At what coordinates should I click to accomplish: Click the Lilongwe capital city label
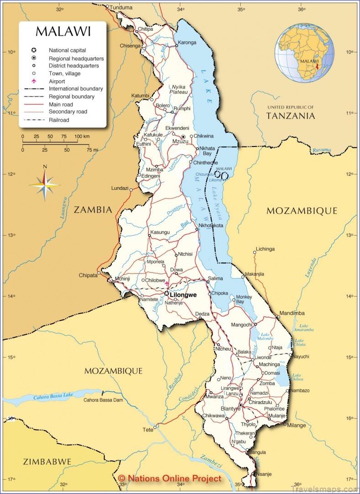[x=183, y=295]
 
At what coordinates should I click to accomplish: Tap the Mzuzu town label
[x=178, y=142]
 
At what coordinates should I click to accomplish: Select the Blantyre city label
[x=230, y=409]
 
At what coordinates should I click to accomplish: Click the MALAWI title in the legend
[x=63, y=32]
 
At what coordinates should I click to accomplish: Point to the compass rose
[x=44, y=185]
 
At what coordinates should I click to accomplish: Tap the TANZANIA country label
[x=291, y=116]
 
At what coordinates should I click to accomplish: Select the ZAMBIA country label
[x=93, y=210]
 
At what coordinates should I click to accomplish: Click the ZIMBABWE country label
[x=47, y=462]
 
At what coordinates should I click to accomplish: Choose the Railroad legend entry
[x=59, y=120]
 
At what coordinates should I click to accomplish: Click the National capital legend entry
[x=67, y=50]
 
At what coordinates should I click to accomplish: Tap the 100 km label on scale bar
[x=82, y=137]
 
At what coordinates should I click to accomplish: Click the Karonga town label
[x=187, y=42]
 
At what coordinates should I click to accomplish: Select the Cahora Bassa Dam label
[x=103, y=400]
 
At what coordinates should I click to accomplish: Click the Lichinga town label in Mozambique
[x=265, y=249]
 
